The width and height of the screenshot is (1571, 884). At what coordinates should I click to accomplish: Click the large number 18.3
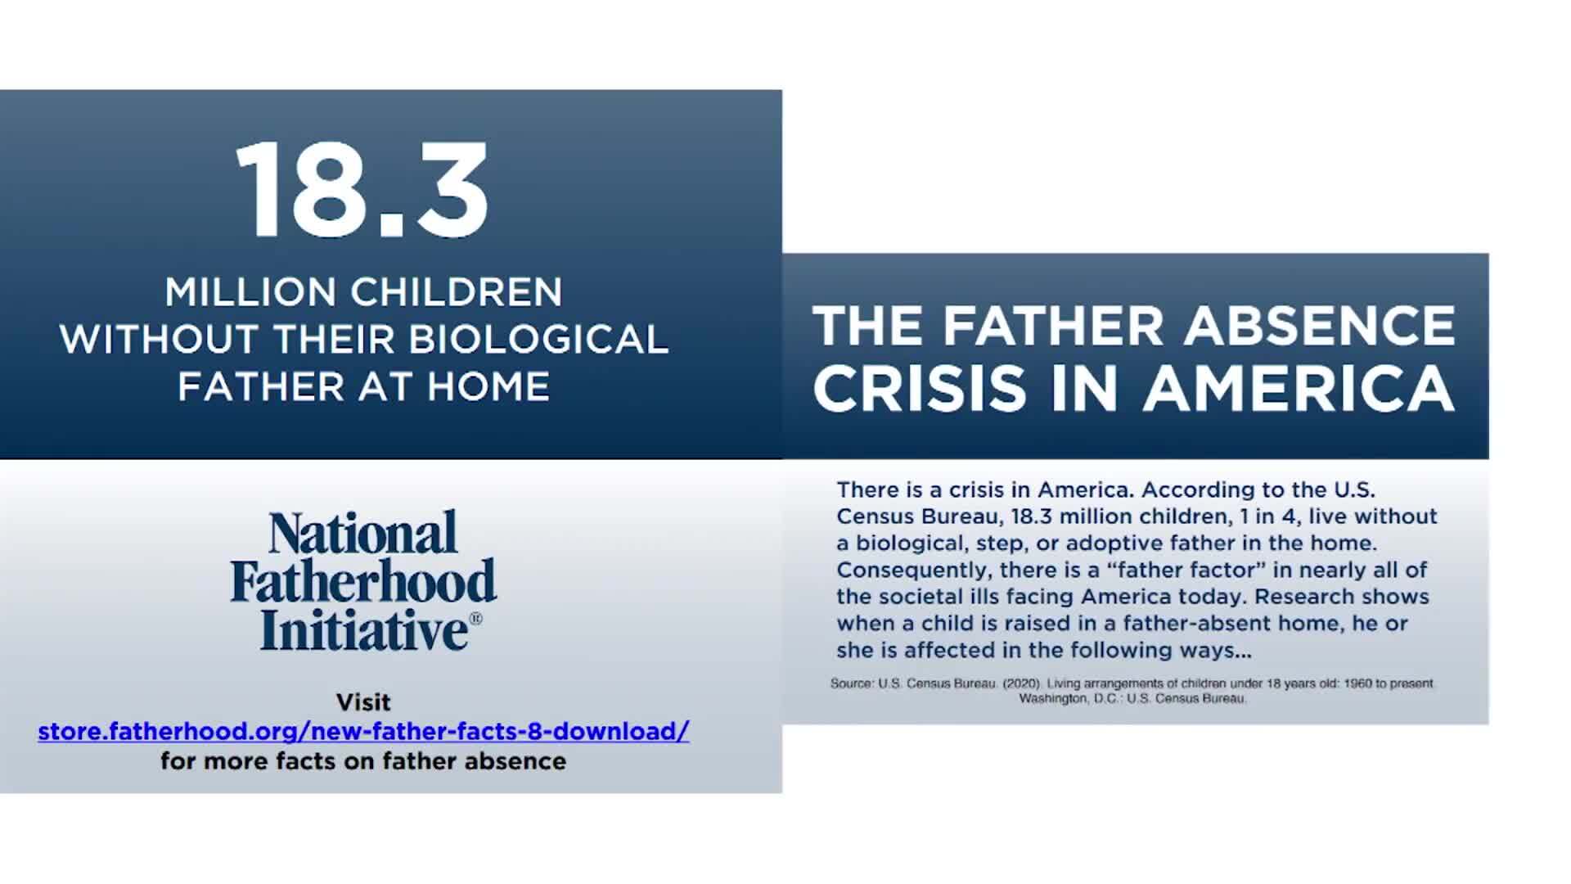[362, 189]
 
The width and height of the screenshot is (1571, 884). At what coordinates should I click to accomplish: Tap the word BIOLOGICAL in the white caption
[538, 339]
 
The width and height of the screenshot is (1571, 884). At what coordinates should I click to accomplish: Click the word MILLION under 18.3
[250, 291]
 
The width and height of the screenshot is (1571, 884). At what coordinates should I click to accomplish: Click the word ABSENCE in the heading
[1320, 325]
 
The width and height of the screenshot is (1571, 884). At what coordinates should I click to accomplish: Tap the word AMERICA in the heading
[1299, 388]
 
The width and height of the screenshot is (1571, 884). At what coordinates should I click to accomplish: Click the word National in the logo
[363, 533]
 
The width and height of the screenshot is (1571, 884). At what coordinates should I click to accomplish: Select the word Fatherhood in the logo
[363, 581]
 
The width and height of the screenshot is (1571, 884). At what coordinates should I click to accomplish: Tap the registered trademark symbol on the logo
[475, 619]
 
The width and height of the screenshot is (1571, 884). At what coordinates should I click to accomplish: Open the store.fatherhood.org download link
[364, 731]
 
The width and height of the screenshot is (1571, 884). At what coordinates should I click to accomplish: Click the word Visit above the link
[363, 702]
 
